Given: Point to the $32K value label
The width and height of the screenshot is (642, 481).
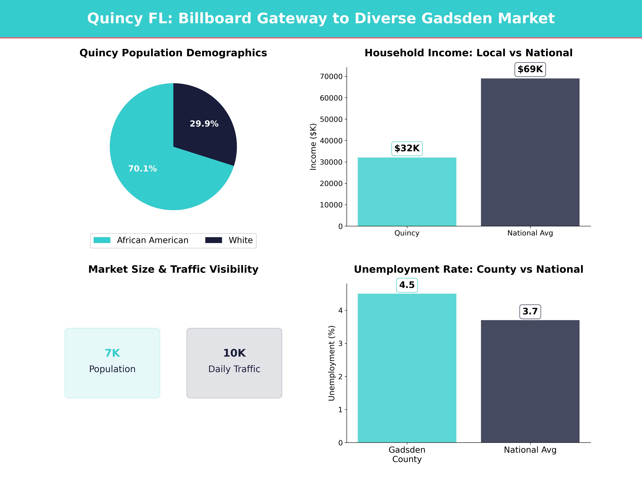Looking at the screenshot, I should click(x=407, y=148).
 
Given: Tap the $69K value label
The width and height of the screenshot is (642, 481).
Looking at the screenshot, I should click(x=530, y=69).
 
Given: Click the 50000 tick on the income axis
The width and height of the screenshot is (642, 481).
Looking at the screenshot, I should click(x=331, y=119).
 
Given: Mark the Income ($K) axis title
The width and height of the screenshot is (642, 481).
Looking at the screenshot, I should click(x=313, y=147).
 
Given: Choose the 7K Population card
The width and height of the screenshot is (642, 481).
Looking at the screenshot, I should click(x=112, y=363).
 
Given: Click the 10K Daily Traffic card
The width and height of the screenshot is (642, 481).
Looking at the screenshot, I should click(x=234, y=363).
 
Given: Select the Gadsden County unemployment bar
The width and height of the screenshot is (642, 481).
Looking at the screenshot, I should click(x=407, y=368).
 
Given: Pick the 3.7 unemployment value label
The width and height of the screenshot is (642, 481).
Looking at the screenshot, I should click(x=530, y=312).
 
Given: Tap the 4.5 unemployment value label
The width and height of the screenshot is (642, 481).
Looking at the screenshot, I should click(x=407, y=285).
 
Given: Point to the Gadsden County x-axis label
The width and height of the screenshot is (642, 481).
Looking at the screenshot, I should click(x=407, y=454).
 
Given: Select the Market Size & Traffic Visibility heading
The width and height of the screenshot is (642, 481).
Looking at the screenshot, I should click(x=173, y=269).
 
